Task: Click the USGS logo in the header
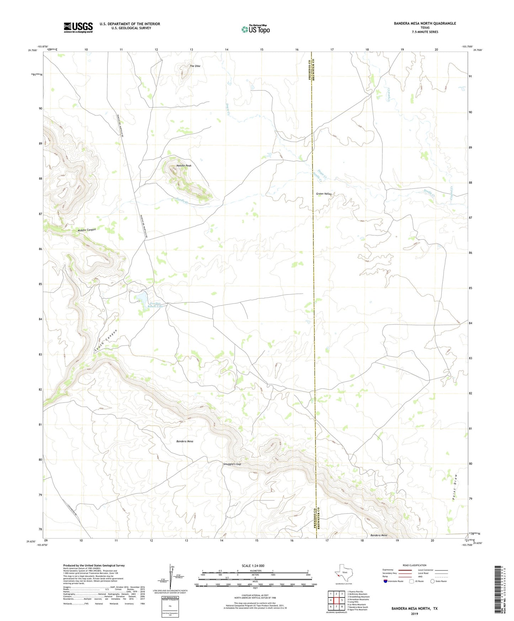coord(78,27)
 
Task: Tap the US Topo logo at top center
coord(255,29)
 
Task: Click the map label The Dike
coord(195,66)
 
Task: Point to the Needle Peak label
coord(184,166)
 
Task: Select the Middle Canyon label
coord(87,230)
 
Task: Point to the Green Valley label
coord(324,194)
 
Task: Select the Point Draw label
coord(455,487)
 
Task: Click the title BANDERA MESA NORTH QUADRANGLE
coord(425,23)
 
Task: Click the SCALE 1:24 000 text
coord(253,566)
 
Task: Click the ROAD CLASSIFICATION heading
coord(414,565)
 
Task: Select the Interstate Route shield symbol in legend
coord(386,581)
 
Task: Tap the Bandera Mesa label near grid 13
coord(185,441)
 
